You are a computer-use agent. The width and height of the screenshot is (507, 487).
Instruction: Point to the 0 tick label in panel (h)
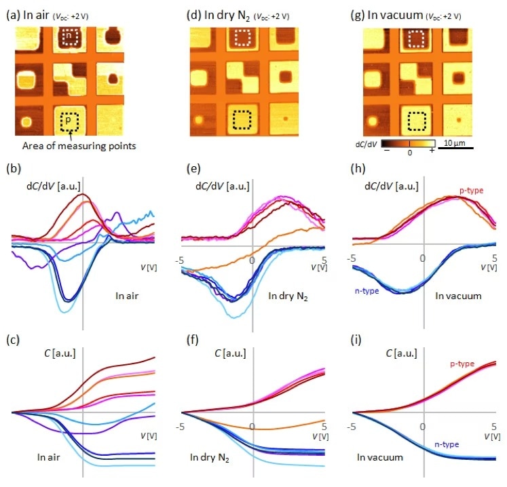click(423, 258)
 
